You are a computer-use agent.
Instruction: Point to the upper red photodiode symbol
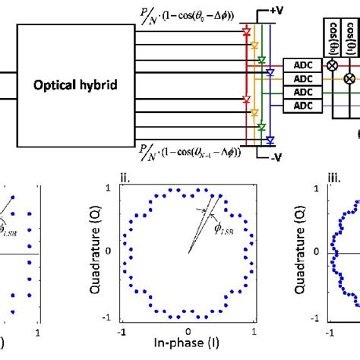(245, 34)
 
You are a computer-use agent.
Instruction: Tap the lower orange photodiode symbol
(253, 113)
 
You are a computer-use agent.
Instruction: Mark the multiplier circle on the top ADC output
(332, 66)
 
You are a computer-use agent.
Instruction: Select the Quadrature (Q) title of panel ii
(95, 250)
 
